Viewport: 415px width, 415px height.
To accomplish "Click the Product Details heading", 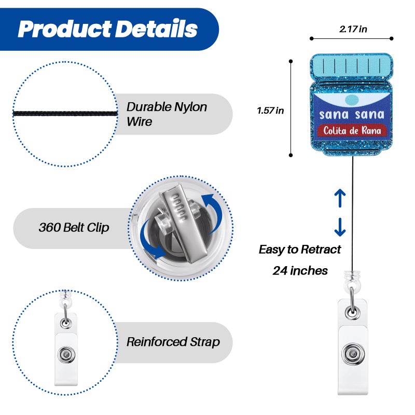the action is tap(108, 29).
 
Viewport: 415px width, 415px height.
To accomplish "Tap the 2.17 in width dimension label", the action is tap(353, 29).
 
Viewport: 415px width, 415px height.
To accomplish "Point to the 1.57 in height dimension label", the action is tap(270, 110).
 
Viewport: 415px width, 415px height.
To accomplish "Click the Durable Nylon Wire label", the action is tap(167, 114).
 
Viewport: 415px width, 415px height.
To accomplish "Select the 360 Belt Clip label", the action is tap(74, 227).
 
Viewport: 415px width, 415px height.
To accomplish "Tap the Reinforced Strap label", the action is tap(173, 342).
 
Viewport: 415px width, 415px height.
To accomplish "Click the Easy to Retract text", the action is tap(300, 250).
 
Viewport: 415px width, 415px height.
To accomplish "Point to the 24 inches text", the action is tap(300, 270).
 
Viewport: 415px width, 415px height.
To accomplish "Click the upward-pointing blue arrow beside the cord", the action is tap(340, 198).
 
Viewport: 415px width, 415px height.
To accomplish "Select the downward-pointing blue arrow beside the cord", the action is tap(340, 227).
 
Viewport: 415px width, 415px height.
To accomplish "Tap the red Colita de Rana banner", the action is tap(352, 131).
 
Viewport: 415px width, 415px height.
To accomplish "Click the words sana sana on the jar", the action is tap(352, 115).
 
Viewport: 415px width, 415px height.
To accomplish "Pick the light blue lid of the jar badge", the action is tap(352, 66).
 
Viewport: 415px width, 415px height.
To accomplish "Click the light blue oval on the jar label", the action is tap(352, 100).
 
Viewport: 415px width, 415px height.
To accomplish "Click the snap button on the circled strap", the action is tap(66, 354).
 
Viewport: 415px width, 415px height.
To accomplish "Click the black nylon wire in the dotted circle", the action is tap(65, 114).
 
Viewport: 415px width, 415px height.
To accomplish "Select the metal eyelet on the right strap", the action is tap(353, 312).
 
